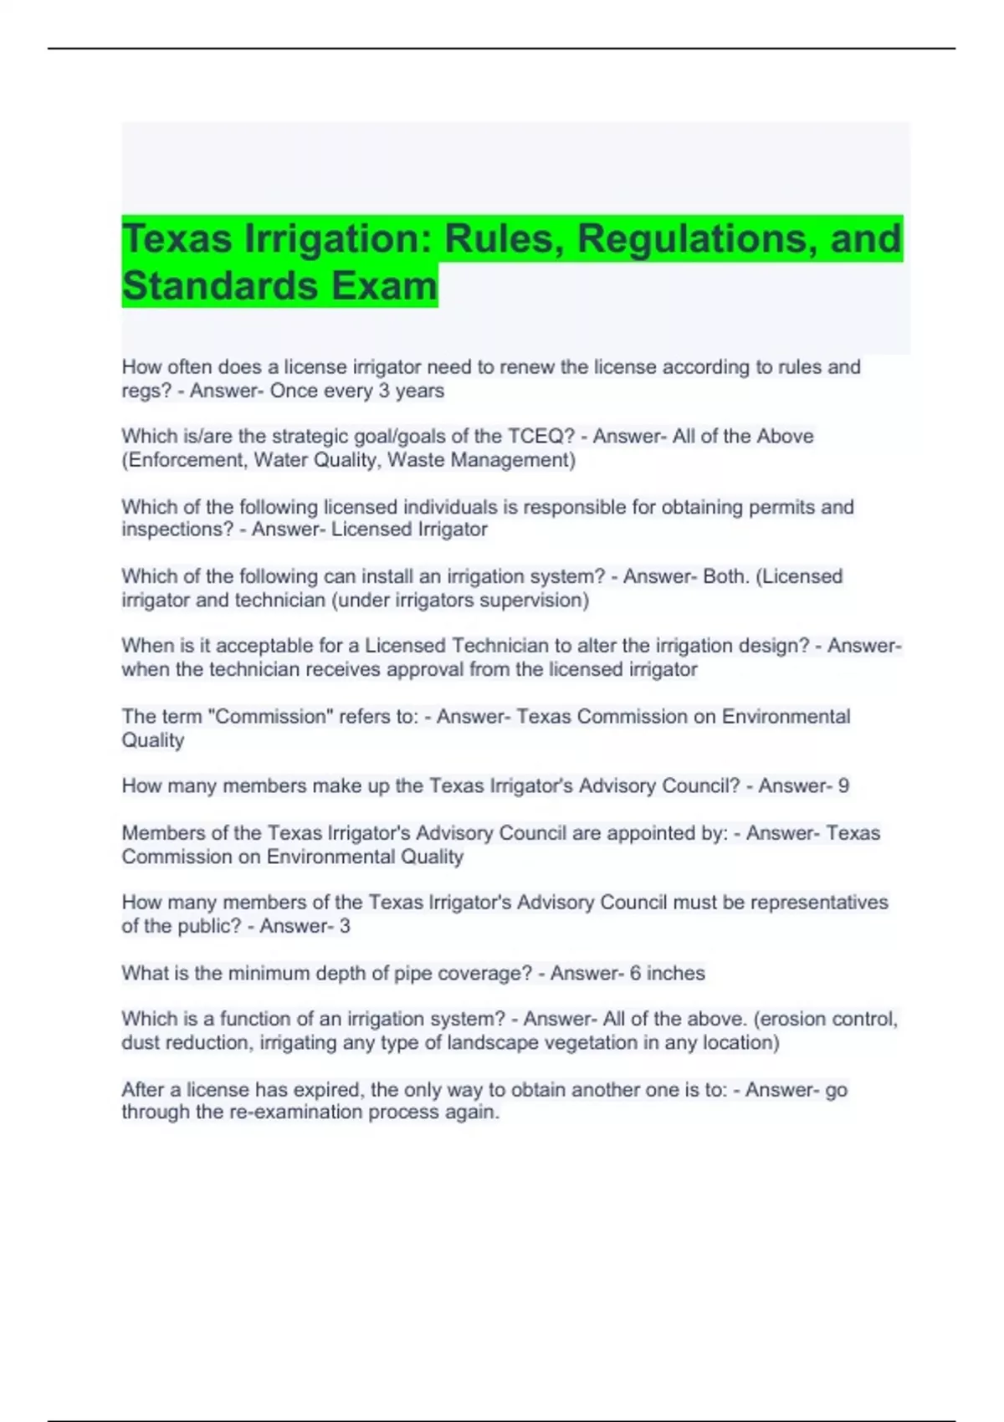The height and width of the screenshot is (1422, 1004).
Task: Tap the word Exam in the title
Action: (384, 286)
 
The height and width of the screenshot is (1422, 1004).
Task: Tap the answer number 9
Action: (843, 786)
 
